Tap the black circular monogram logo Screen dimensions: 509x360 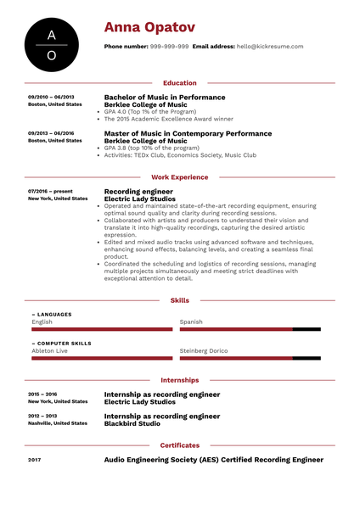[52, 44]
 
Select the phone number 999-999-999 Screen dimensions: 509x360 [169, 48]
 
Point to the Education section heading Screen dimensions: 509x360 [179, 83]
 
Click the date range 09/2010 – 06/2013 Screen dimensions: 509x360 [51, 98]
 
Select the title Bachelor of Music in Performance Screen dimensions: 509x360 [165, 98]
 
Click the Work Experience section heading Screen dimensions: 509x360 [179, 177]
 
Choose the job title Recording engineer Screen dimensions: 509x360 [138, 192]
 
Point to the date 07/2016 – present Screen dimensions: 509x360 [50, 192]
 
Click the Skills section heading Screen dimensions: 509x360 [179, 300]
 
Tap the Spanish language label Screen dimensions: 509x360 [191, 322]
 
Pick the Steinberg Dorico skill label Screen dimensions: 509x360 [204, 350]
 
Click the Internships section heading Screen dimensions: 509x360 [179, 380]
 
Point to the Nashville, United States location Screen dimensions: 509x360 [57, 423]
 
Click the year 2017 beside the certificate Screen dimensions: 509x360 [34, 460]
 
